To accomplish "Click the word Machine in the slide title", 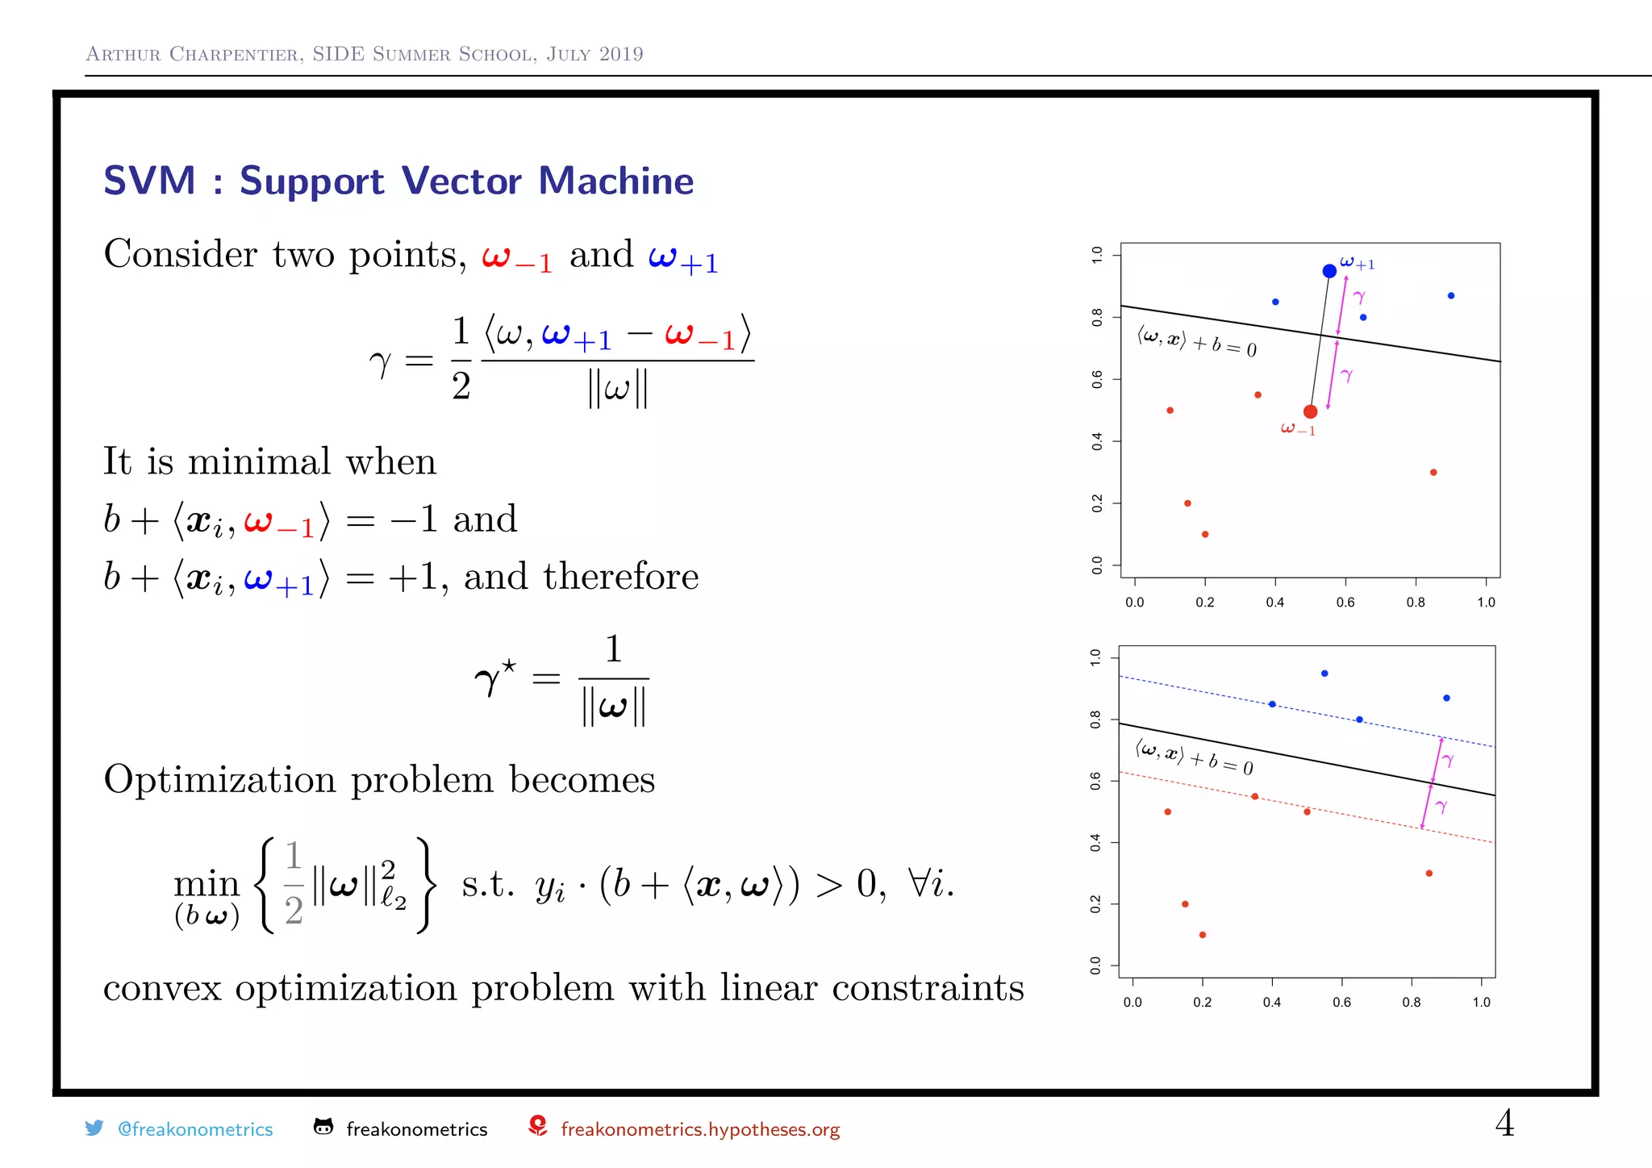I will [615, 181].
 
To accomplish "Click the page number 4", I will [1504, 1123].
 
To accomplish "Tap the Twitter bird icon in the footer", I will [94, 1128].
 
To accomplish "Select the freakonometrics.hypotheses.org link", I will [699, 1129].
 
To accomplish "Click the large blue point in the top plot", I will [1329, 271].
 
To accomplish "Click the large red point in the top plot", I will [1311, 411].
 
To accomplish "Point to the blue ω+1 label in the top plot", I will [1357, 262].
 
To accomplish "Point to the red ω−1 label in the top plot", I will [1298, 429].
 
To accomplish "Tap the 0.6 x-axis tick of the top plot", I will [1345, 602].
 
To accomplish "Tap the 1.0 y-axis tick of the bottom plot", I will [1095, 657].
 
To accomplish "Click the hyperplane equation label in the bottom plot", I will [1194, 757].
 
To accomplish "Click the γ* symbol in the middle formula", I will [494, 678].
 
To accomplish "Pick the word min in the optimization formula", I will [206, 884].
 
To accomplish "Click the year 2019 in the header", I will [621, 54].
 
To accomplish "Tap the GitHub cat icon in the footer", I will [323, 1127].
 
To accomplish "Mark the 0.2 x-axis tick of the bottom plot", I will [1202, 1002].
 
